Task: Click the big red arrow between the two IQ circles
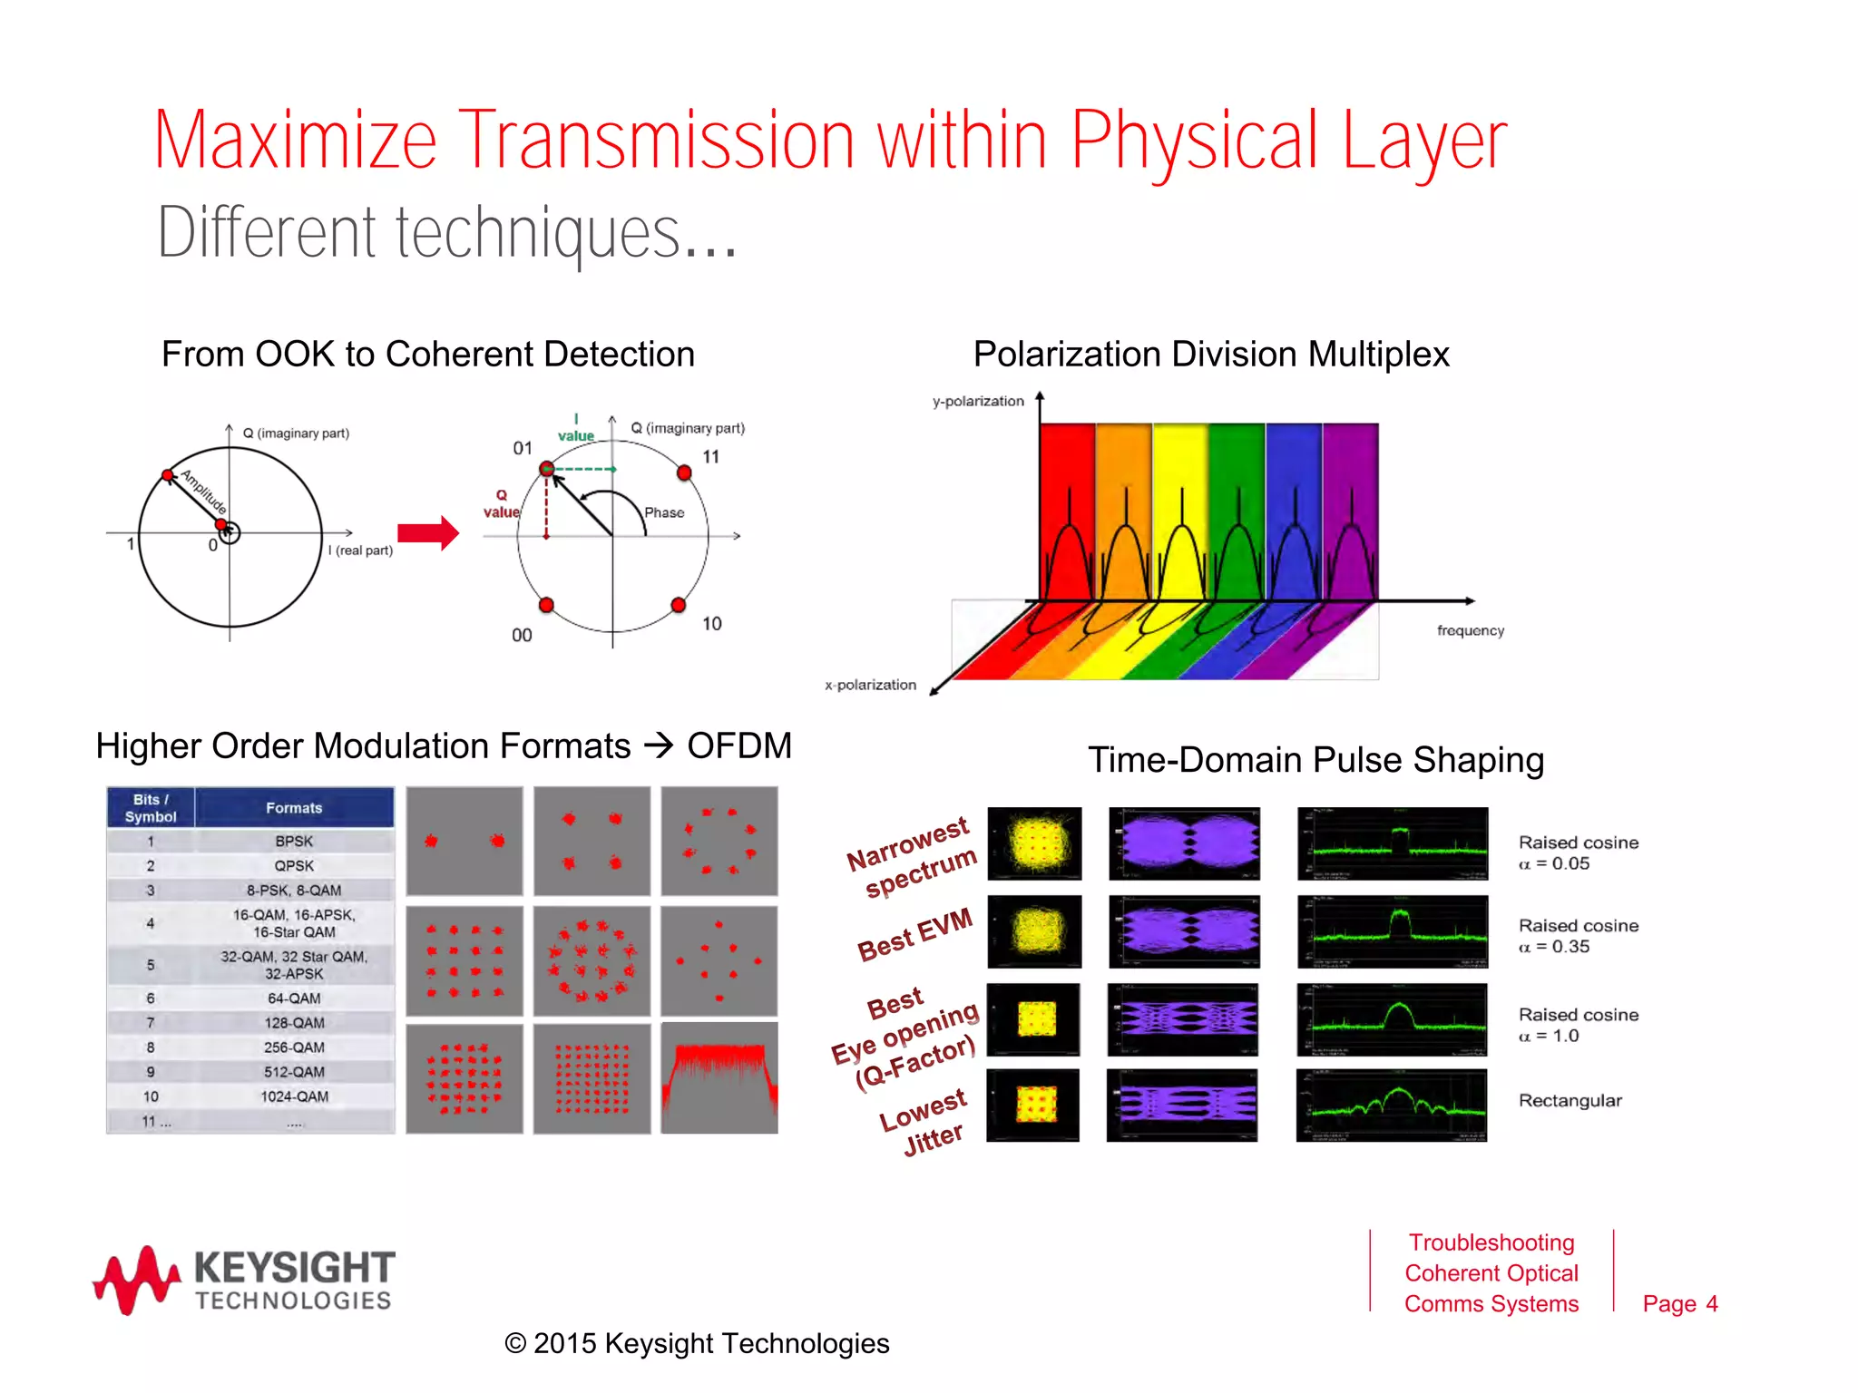(427, 533)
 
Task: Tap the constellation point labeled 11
(684, 472)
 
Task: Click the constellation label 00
(522, 636)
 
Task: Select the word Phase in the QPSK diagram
(664, 512)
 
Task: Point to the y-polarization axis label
(978, 401)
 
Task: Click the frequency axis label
(1470, 630)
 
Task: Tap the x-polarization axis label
(870, 685)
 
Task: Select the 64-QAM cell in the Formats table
(294, 998)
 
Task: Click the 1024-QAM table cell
(294, 1096)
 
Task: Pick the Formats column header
(294, 807)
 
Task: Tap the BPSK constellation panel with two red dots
(464, 841)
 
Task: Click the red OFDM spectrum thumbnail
(719, 1078)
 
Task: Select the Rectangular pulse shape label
(1570, 1100)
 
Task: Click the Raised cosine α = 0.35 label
(1578, 936)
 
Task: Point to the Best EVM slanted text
(914, 935)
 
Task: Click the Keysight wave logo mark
(137, 1280)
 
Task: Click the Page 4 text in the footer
(1679, 1303)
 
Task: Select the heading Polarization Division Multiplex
(1210, 354)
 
